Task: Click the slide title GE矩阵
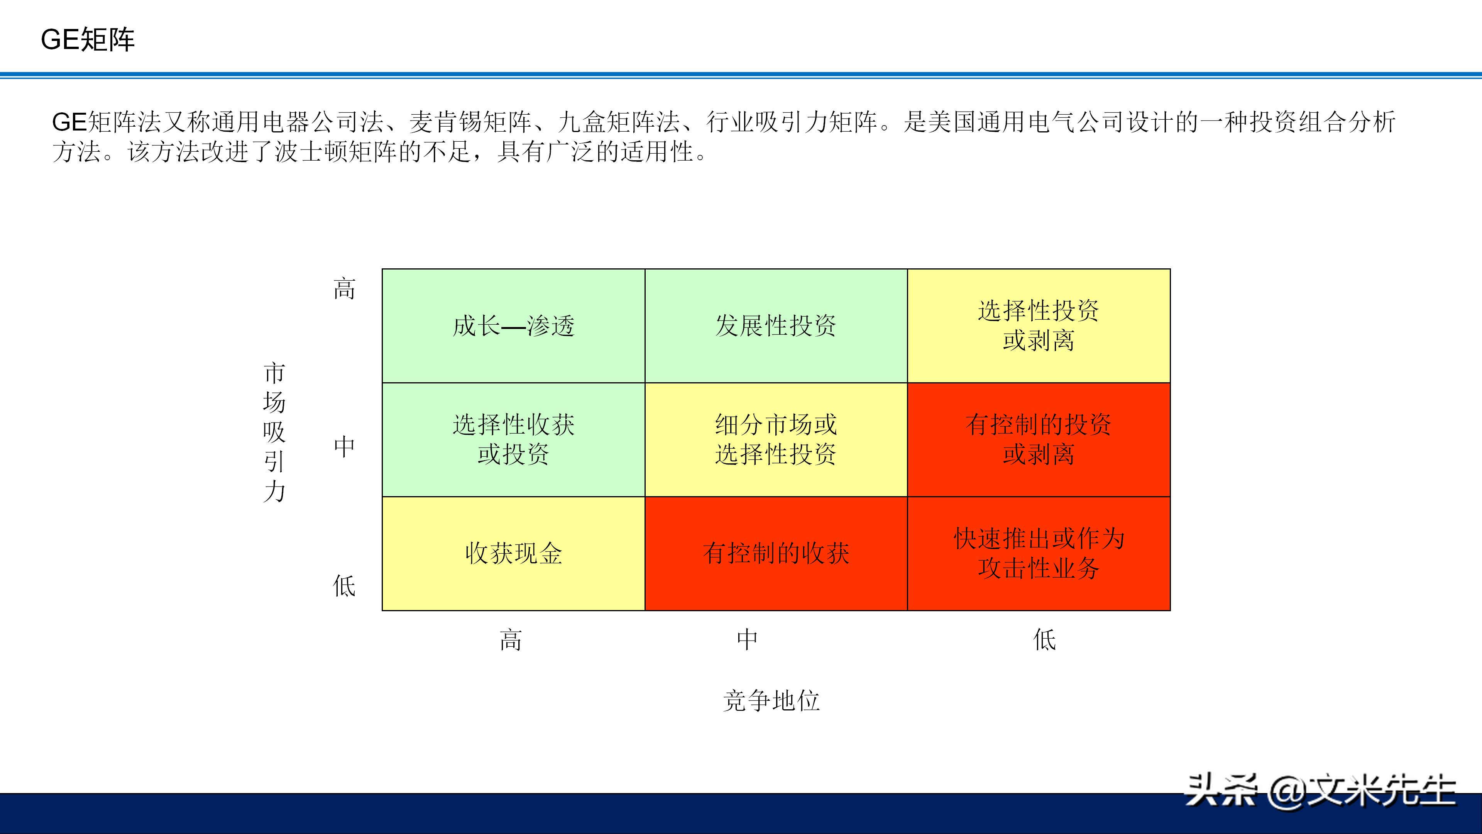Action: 88,40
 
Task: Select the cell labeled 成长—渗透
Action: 513,326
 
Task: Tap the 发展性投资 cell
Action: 775,326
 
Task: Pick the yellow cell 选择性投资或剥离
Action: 1039,326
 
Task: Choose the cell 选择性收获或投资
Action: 513,440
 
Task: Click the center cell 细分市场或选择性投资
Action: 775,440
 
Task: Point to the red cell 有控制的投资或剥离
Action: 1039,440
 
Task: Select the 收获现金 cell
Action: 513,554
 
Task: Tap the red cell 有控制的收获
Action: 775,554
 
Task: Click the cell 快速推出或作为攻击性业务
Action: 1039,554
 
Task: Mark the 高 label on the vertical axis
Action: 344,289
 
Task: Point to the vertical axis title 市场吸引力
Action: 274,432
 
